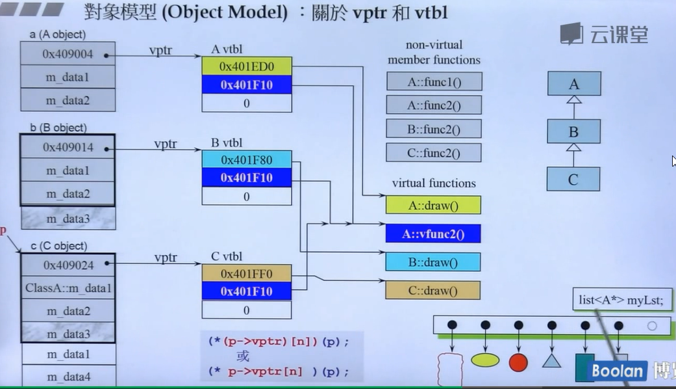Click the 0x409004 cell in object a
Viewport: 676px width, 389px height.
click(68, 55)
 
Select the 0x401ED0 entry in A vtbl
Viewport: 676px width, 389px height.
click(246, 66)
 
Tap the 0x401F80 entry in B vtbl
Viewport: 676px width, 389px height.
click(246, 159)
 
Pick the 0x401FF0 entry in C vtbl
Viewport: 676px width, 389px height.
click(246, 274)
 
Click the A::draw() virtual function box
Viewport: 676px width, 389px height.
click(433, 206)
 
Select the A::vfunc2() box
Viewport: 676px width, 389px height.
click(433, 234)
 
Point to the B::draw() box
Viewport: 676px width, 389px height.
click(433, 262)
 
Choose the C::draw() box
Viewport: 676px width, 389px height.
click(433, 290)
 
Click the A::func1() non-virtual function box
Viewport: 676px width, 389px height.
click(434, 81)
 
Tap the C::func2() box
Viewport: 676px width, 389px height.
click(434, 153)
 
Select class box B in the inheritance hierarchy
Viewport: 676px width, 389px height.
click(573, 132)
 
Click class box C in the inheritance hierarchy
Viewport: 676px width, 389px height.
click(573, 179)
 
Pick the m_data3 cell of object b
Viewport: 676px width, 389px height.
click(68, 219)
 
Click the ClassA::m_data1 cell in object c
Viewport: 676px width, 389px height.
click(68, 288)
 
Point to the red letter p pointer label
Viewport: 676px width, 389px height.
click(3, 231)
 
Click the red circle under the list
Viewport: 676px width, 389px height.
click(518, 362)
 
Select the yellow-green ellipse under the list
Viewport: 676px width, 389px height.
click(485, 360)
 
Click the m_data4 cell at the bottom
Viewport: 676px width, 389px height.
click(68, 376)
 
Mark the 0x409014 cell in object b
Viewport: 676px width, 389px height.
click(68, 148)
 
